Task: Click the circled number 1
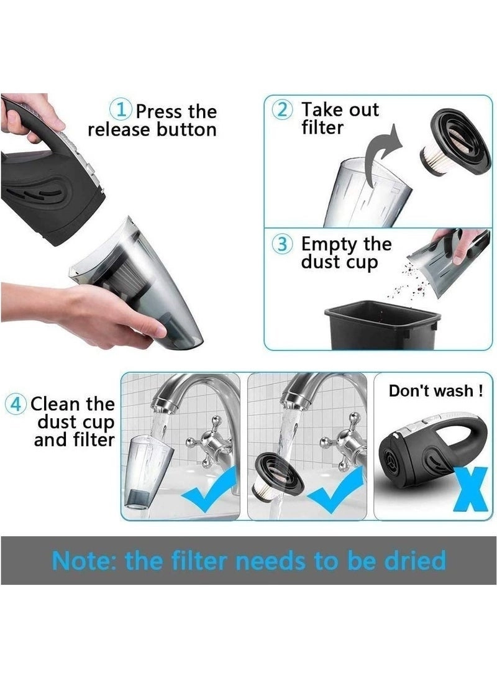click(121, 111)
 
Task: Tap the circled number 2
click(282, 109)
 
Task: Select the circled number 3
click(281, 244)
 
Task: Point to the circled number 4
click(16, 404)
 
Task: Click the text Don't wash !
click(435, 392)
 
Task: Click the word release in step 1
click(118, 130)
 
